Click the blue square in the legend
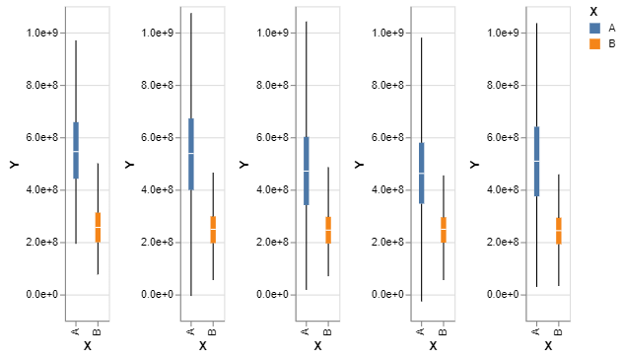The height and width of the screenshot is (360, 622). tap(594, 29)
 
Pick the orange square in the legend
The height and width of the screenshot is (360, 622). tap(594, 44)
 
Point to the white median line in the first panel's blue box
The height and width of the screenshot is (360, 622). tap(76, 152)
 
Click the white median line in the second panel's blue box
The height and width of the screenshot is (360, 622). tap(191, 154)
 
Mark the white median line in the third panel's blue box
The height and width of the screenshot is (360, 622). tap(307, 172)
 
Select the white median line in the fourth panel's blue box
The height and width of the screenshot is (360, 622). tap(422, 174)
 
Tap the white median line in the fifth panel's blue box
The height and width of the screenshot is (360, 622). tap(537, 161)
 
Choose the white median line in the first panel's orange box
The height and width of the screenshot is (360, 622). tap(98, 228)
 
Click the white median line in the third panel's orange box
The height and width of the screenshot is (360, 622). tap(328, 231)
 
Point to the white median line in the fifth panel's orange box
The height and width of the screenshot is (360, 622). tap(559, 232)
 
